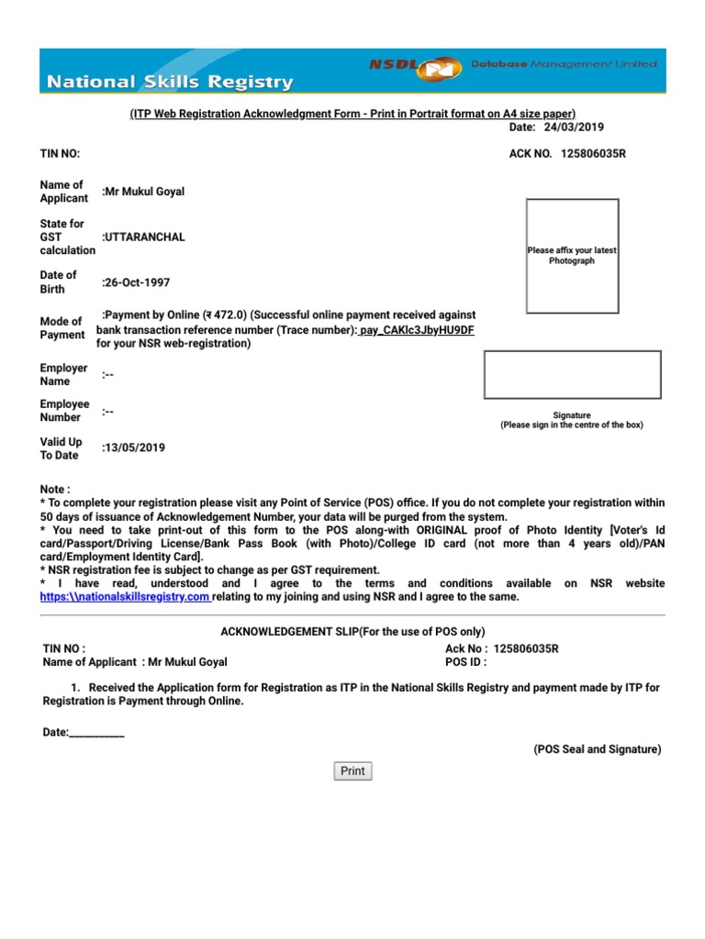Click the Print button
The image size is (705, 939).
click(352, 771)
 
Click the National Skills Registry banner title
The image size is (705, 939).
click(171, 83)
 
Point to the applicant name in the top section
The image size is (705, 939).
click(144, 192)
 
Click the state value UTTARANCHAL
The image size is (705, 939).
click(143, 237)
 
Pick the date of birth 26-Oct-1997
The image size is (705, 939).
click(137, 282)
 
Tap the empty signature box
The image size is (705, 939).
click(572, 375)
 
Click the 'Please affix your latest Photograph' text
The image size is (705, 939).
click(572, 256)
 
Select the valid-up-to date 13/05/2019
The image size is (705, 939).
click(134, 448)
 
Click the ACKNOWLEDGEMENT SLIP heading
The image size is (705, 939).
click(352, 632)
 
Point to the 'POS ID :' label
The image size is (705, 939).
click(465, 662)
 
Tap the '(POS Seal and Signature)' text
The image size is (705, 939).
click(597, 749)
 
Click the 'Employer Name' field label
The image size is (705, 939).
click(63, 375)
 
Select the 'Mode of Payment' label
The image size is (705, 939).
click(62, 328)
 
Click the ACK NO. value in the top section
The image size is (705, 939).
click(592, 153)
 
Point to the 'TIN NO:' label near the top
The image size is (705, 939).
click(61, 153)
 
